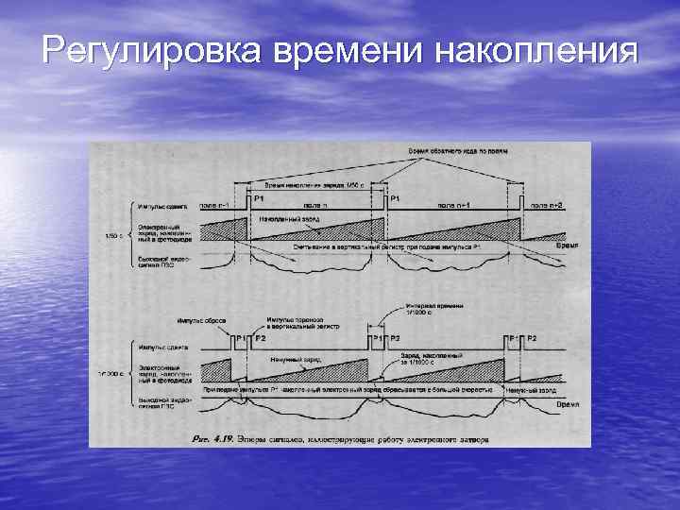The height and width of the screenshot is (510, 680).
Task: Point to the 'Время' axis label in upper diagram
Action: [566, 244]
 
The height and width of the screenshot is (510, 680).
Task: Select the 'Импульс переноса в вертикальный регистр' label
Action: [294, 323]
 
